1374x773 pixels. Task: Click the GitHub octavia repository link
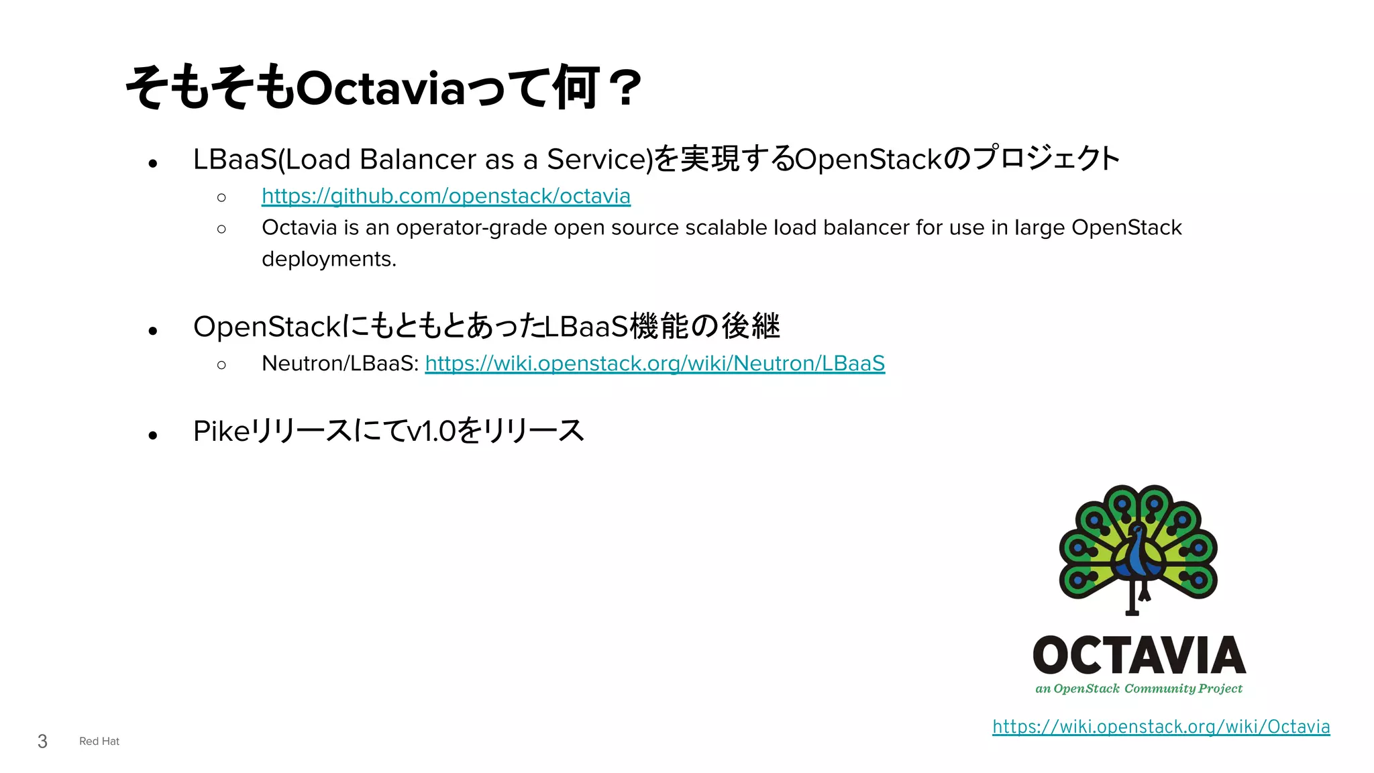(x=445, y=196)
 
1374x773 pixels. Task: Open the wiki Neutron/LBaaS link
(x=655, y=363)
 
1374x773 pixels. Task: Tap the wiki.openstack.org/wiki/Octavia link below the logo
(x=1161, y=727)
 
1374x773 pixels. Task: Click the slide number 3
(x=42, y=741)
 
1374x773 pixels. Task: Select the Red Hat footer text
(x=99, y=741)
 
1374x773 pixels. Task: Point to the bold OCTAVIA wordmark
(x=1139, y=656)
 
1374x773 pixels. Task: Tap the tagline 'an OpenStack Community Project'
(x=1139, y=688)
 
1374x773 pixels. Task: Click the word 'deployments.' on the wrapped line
(x=329, y=259)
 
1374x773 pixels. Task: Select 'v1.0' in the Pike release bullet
(x=431, y=431)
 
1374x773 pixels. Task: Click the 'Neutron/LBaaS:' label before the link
(x=340, y=363)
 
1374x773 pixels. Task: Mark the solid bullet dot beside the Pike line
(x=153, y=435)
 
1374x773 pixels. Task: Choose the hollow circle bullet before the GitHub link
(x=221, y=197)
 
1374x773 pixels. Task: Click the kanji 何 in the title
(x=576, y=87)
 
